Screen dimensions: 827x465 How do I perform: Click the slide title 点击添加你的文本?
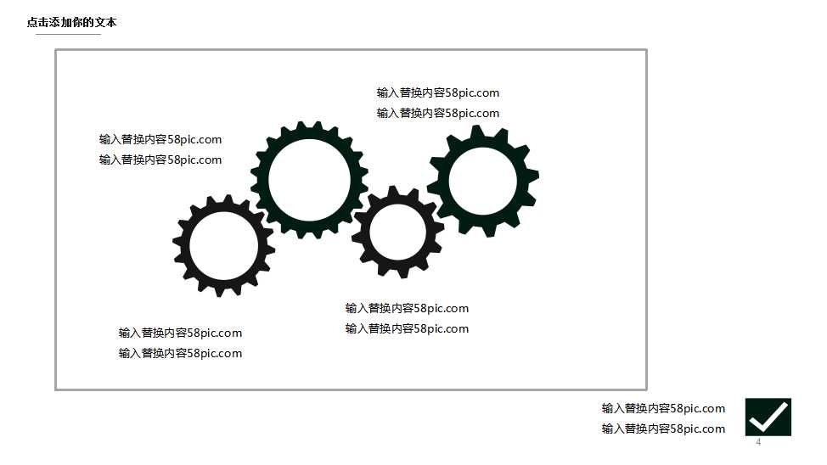71,22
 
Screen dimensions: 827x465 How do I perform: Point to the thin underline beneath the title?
68,34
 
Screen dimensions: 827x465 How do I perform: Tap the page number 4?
758,442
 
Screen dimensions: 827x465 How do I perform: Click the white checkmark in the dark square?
768,417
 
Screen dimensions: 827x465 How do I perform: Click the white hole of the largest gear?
310,180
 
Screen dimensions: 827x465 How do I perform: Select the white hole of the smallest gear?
398,232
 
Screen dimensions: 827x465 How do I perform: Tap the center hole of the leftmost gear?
223,246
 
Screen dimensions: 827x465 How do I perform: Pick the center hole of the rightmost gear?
482,181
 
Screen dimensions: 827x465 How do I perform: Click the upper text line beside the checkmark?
663,408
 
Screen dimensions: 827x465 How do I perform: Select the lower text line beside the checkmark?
663,429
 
